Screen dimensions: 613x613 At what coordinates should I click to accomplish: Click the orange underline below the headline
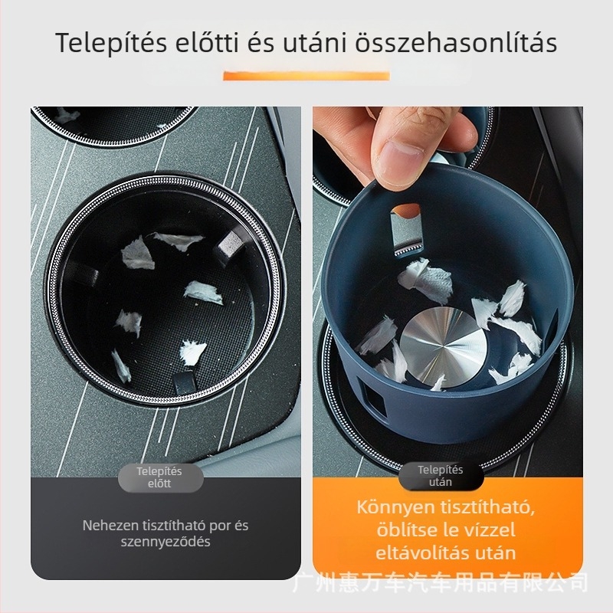[x=306, y=75]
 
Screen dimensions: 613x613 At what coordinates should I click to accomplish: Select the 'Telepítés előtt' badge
[x=159, y=477]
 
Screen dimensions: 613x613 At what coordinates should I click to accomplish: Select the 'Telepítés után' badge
[x=440, y=476]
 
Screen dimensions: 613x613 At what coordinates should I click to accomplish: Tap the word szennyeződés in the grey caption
[x=166, y=542]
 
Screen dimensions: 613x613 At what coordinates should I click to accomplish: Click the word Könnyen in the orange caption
[x=392, y=507]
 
